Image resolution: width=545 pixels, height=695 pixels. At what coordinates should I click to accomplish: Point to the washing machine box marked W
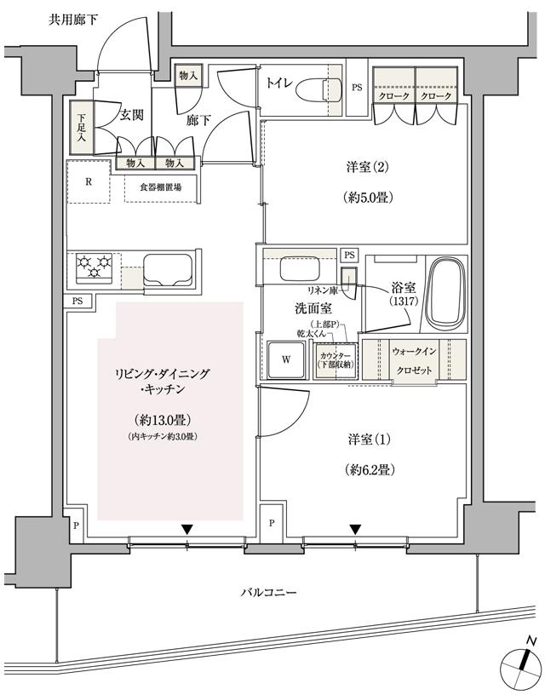(x=286, y=359)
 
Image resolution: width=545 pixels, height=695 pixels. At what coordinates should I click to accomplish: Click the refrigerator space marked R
(x=89, y=181)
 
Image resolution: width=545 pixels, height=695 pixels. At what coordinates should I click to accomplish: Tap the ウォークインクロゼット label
(x=413, y=360)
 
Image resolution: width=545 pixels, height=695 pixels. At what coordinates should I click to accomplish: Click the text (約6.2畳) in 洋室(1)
(x=367, y=469)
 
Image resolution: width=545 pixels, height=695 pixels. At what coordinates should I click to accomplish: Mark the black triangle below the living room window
(x=186, y=529)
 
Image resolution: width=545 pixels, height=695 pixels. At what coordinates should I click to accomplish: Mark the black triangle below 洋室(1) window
(x=355, y=529)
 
